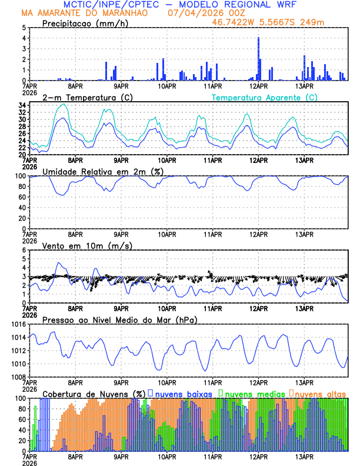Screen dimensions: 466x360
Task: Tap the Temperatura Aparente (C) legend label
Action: coord(264,97)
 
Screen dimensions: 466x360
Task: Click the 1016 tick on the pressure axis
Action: coord(18,324)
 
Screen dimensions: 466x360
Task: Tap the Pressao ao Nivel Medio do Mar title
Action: coord(119,319)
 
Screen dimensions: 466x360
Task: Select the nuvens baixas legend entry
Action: coord(183,393)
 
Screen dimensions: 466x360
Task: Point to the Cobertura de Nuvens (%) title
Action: coord(94,393)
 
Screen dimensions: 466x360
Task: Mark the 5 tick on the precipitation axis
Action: coord(24,28)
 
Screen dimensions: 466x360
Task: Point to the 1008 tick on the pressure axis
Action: coord(18,377)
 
